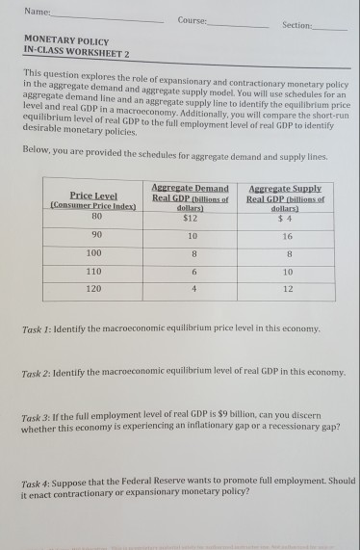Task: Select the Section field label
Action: [297, 26]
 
